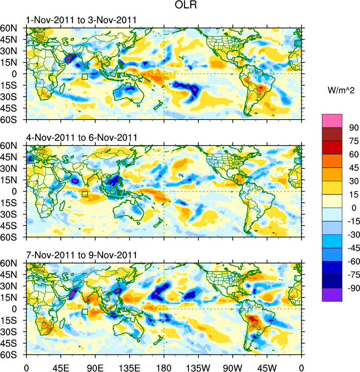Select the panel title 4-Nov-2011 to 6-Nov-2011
point(82,138)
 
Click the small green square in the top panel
point(85,77)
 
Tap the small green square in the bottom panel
point(85,312)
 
